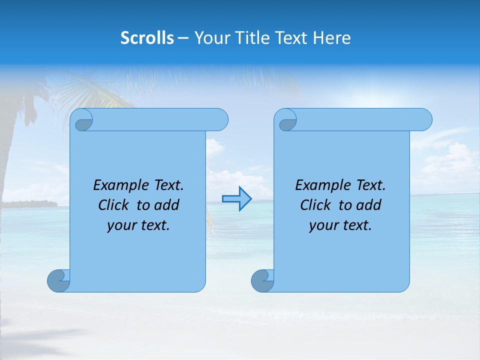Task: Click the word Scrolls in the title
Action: click(147, 38)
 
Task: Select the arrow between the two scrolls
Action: click(237, 199)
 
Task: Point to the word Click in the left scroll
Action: click(114, 205)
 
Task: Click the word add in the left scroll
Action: click(167, 205)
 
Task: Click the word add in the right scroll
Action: click(369, 205)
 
